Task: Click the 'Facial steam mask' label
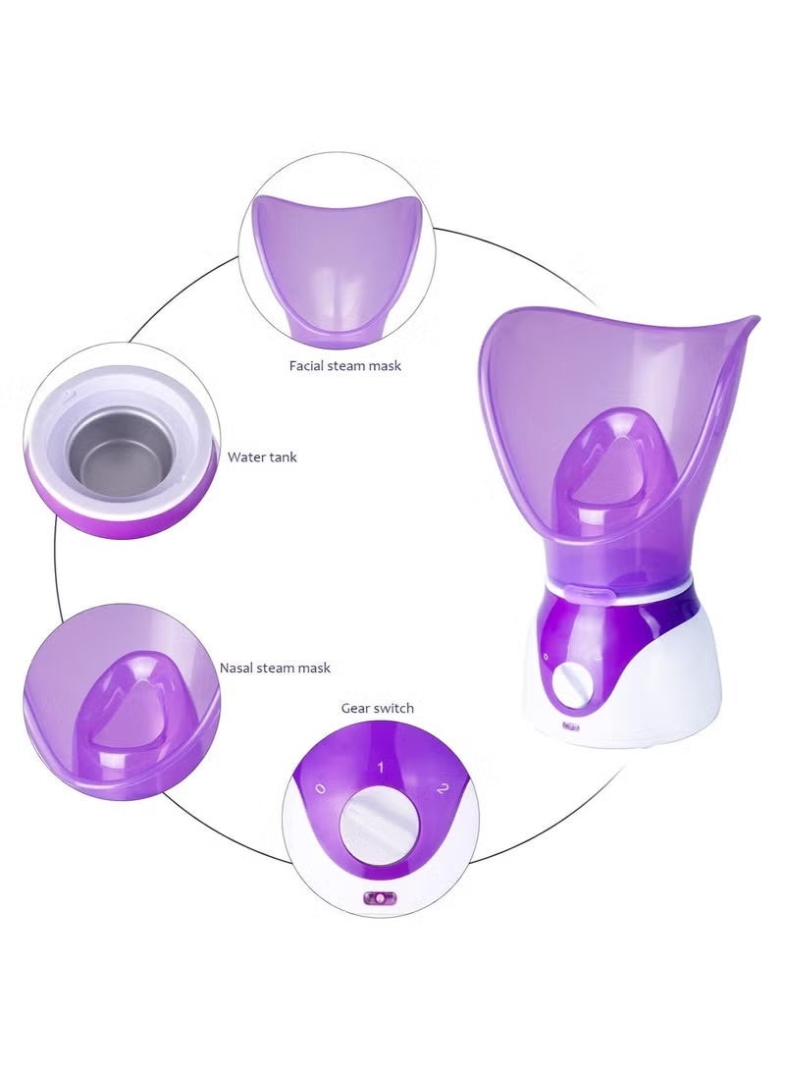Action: [344, 365]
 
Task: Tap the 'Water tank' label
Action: [262, 456]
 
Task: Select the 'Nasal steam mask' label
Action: [275, 668]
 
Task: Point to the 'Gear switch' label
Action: [378, 709]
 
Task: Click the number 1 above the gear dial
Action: [381, 768]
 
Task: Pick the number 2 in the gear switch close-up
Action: [442, 788]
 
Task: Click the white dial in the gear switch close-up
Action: [380, 825]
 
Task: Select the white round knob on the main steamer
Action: [573, 686]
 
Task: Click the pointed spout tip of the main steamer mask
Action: [754, 318]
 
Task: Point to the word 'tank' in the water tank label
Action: [282, 456]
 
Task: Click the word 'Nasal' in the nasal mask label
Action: [235, 668]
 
